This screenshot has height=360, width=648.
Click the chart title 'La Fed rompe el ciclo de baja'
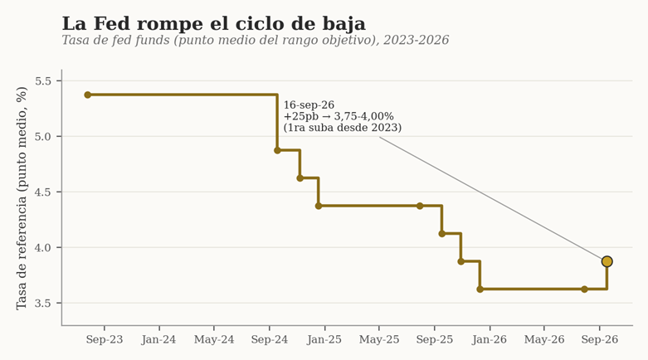tap(214, 23)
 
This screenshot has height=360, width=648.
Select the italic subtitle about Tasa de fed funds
tap(256, 40)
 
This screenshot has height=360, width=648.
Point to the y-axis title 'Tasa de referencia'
tap(22, 198)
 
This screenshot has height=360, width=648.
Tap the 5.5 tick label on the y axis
tap(43, 81)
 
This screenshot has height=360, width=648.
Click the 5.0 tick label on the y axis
tap(43, 136)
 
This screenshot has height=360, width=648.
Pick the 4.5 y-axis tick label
tap(43, 192)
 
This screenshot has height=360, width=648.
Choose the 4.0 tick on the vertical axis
tap(43, 247)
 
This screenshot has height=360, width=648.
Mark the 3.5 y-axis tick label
tap(43, 304)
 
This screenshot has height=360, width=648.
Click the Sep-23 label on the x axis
tap(105, 340)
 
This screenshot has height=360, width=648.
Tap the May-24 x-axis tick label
tap(214, 340)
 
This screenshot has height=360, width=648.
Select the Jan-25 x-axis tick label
tap(324, 340)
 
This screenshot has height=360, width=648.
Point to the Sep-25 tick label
tap(434, 340)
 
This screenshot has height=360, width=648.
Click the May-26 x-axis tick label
tap(544, 340)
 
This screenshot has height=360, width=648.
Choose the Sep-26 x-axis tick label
tap(600, 340)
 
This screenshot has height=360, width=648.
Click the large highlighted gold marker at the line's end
tap(607, 261)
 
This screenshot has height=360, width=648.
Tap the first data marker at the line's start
tap(88, 95)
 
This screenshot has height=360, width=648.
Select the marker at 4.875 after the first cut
tap(277, 150)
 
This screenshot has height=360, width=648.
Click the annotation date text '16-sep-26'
tap(309, 105)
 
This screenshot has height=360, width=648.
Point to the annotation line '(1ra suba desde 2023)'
tap(343, 127)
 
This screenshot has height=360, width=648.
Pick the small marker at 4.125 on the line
tap(441, 234)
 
